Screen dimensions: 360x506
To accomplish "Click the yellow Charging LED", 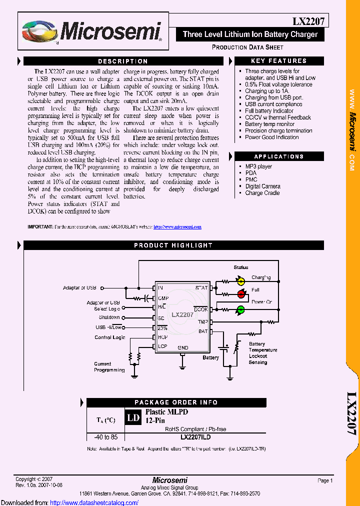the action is tap(240, 281).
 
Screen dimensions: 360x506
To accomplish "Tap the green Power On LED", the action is tap(240, 309).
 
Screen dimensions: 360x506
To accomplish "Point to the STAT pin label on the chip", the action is tap(201, 288).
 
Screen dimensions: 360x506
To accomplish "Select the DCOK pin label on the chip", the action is tap(201, 309).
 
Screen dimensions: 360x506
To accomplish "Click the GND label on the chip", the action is tap(183, 347).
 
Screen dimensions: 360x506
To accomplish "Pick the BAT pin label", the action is tap(203, 331).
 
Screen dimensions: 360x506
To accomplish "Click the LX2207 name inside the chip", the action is tap(182, 315).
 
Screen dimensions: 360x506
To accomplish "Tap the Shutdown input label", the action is tap(109, 317).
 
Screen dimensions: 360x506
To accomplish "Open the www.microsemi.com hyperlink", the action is tap(177, 227).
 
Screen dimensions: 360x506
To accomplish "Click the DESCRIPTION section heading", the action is tap(123, 61).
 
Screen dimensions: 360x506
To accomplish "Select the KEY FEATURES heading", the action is tap(278, 61).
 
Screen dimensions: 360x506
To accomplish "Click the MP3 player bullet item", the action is tap(258, 166).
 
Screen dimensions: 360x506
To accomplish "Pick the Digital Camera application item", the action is tap(262, 186).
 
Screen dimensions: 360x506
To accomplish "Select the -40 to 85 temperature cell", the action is tap(106, 436).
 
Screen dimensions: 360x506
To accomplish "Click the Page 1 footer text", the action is tap(324, 480).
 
